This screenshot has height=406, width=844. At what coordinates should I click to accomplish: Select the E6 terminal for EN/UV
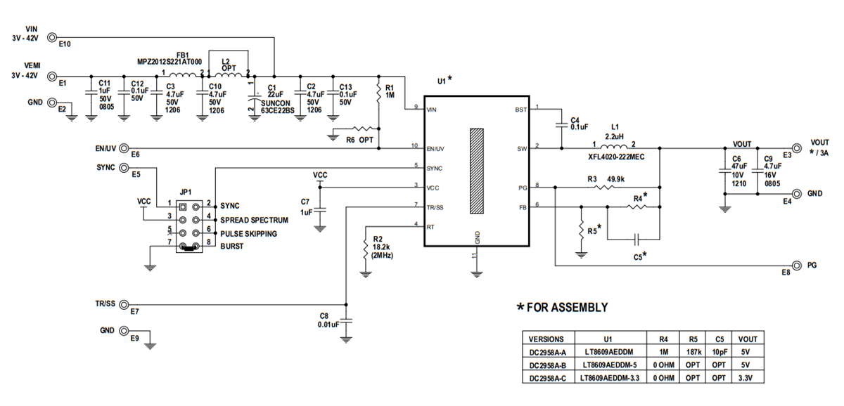124,148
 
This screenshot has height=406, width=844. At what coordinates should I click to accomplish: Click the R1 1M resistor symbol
380,92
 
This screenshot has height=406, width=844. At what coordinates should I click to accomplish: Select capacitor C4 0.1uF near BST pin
561,126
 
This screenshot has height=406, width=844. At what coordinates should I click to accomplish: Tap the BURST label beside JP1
233,246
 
